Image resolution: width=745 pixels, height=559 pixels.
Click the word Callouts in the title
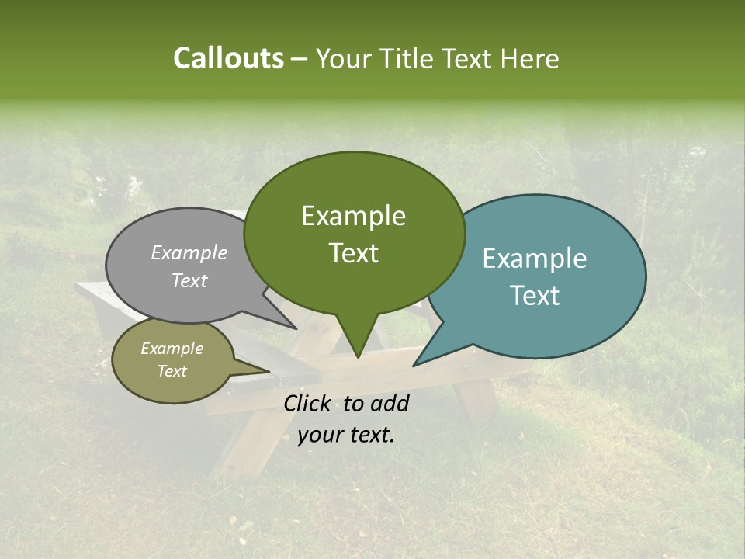[x=228, y=58]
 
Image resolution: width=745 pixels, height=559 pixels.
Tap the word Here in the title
[x=530, y=59]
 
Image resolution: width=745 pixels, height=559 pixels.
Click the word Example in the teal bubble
[x=535, y=259]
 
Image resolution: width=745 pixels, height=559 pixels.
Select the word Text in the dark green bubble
[x=354, y=253]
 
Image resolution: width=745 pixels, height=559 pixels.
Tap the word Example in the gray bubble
[x=189, y=252]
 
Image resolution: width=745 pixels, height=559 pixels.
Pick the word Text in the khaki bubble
[x=172, y=371]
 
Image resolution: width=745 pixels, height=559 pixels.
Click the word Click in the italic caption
[x=309, y=403]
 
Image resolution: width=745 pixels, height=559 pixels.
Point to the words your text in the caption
[x=346, y=436]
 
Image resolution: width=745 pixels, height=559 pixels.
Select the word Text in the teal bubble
[x=535, y=296]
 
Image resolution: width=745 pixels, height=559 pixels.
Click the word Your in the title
[x=344, y=59]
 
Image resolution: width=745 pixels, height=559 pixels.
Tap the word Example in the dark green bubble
[x=354, y=216]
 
